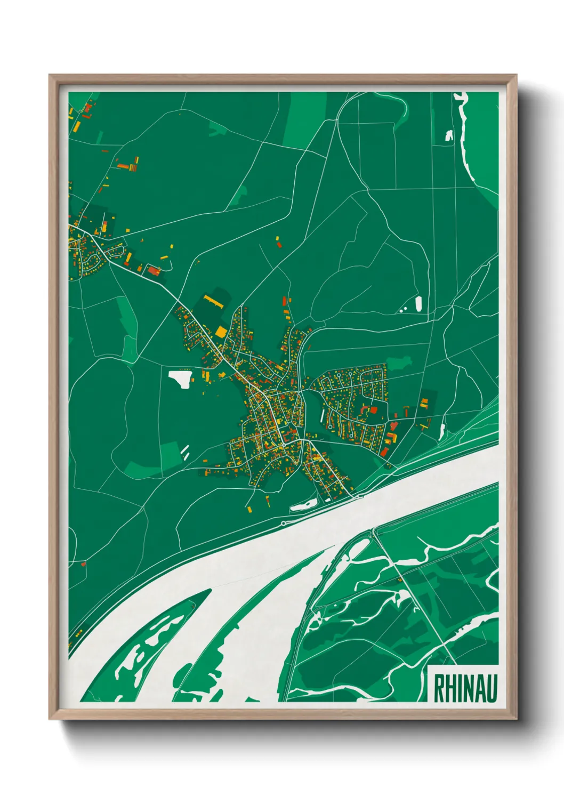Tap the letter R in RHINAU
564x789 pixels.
439,688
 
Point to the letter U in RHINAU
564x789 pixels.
491,688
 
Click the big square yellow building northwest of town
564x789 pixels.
221,332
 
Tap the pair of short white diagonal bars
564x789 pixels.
185,452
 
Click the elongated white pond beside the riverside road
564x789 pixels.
302,504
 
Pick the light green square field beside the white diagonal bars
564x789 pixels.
171,453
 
